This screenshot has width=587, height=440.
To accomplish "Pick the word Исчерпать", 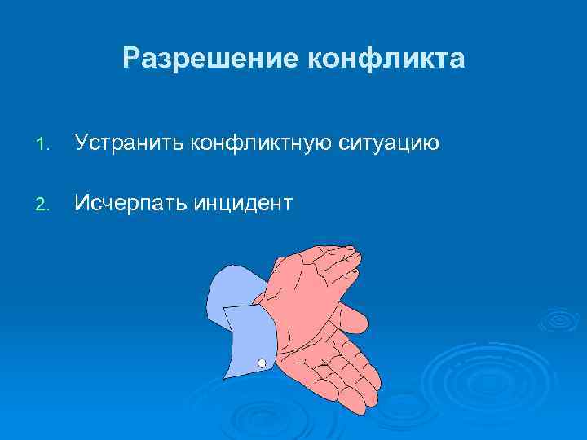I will pos(130,202).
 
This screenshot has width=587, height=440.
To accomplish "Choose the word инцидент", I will pos(242,202).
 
